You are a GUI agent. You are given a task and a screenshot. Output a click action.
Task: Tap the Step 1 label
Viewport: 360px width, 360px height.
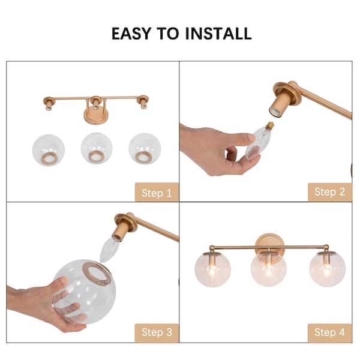pyautogui.click(x=156, y=193)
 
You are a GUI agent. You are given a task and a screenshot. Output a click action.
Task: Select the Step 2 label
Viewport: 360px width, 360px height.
pyautogui.click(x=329, y=192)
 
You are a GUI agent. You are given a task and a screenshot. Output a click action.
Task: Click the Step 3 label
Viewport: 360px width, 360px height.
pyautogui.click(x=156, y=332)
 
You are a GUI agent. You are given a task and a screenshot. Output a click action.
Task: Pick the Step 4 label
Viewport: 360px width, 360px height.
pyautogui.click(x=329, y=332)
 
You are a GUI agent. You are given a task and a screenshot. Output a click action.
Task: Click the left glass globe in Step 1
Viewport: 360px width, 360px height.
pyautogui.click(x=49, y=150)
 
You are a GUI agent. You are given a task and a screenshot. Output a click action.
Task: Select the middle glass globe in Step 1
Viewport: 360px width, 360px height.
pyautogui.click(x=96, y=149)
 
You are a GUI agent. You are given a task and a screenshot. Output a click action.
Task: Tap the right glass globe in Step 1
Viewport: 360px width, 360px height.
pyautogui.click(x=144, y=149)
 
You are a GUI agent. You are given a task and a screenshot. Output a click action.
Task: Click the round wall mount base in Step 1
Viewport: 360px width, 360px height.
pyautogui.click(x=95, y=115)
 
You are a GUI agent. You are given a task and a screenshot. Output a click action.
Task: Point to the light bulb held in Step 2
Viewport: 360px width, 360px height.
pyautogui.click(x=259, y=140)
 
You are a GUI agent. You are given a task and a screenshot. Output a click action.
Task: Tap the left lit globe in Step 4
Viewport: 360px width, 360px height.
pyautogui.click(x=212, y=269)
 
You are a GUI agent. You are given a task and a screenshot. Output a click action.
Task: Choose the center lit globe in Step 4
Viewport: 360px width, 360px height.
pyautogui.click(x=268, y=268)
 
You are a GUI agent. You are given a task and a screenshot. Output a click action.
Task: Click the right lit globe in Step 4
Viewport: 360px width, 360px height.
pyautogui.click(x=327, y=269)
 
